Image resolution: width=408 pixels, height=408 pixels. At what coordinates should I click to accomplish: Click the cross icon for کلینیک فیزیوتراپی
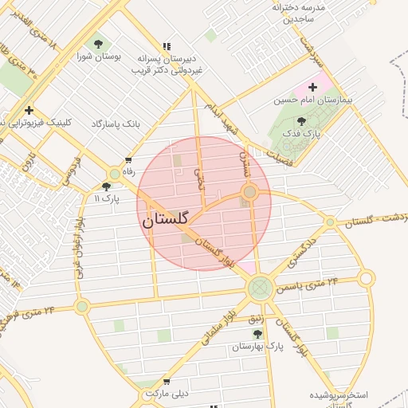point(29,110)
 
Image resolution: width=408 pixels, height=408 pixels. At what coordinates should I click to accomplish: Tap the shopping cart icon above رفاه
point(128,160)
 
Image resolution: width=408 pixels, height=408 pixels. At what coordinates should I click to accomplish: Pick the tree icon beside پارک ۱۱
point(106,186)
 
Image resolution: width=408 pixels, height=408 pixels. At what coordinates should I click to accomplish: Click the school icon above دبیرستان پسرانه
point(167,47)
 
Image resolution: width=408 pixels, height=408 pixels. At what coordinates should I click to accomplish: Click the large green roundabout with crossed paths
point(260,288)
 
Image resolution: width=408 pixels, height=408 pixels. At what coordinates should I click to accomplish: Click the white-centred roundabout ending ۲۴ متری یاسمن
point(366,278)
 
